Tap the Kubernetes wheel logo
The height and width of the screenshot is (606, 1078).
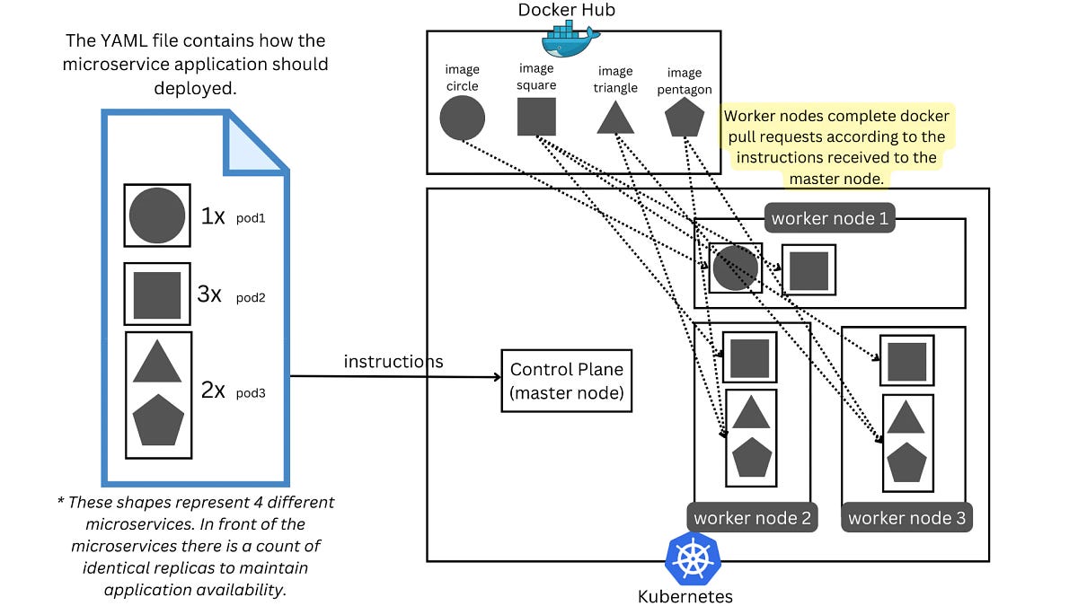693,558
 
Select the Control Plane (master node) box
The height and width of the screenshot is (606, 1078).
566,381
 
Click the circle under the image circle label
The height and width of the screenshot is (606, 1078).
463,119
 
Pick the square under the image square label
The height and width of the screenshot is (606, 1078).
536,117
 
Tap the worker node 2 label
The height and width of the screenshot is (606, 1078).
752,518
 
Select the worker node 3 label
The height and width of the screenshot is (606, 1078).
906,518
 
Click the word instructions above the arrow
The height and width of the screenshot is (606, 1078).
393,362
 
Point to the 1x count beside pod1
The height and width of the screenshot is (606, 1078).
213,216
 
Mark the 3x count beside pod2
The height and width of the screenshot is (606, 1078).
210,294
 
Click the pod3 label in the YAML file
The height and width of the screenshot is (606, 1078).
251,392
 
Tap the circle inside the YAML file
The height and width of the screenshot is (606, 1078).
157,216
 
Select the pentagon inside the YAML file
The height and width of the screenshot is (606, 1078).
158,419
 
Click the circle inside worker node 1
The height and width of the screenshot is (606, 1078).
736,268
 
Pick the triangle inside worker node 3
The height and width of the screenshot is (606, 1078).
906,417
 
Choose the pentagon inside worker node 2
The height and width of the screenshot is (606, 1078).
752,458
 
